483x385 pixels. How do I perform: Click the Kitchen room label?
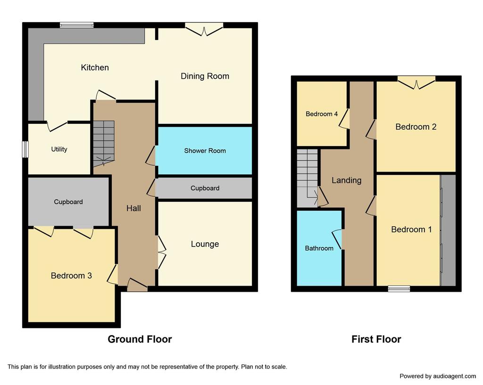(x=95, y=67)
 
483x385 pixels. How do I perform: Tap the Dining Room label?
(x=205, y=76)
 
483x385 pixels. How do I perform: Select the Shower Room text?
(x=205, y=150)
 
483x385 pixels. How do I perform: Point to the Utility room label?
(x=59, y=149)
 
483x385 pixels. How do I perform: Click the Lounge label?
(x=205, y=244)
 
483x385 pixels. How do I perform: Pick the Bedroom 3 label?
(x=71, y=276)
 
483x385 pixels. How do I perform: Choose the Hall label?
(x=133, y=208)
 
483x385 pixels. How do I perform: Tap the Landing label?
(x=347, y=180)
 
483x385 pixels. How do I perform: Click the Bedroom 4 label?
(x=322, y=114)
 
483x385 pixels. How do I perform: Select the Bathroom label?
(x=319, y=248)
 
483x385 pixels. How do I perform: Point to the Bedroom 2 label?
(x=416, y=127)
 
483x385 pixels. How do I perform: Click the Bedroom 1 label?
(x=411, y=229)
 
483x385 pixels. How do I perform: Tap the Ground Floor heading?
(x=140, y=339)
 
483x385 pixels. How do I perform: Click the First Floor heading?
(x=376, y=339)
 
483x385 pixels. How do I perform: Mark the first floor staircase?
(x=307, y=178)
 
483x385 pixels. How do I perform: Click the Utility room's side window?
(x=25, y=149)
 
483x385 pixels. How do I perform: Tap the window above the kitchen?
(x=77, y=25)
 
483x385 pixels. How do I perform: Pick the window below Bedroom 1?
(x=399, y=289)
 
